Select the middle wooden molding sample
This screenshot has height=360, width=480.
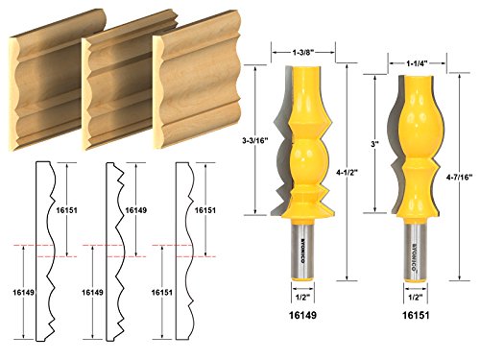[x=115, y=91]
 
